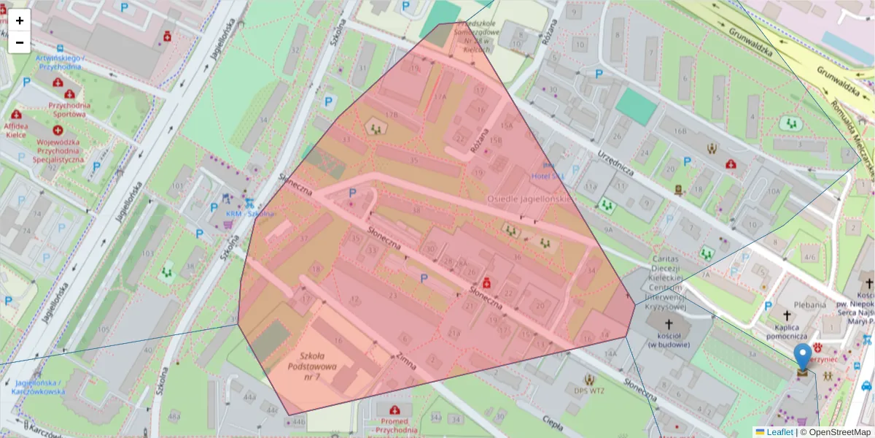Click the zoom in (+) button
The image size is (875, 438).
coord(20,20)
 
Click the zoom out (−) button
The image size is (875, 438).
coord(20,42)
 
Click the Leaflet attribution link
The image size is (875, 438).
coord(779,432)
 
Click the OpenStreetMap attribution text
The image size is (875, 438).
coord(839,432)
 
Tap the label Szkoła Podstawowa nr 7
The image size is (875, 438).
coord(313,366)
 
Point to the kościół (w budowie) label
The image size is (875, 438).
coord(669,339)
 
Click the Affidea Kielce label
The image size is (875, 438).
coord(17,130)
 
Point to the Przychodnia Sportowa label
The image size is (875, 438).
coord(69,109)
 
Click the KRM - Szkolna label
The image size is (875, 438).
coord(249,214)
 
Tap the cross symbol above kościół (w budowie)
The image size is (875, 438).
coord(669,323)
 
